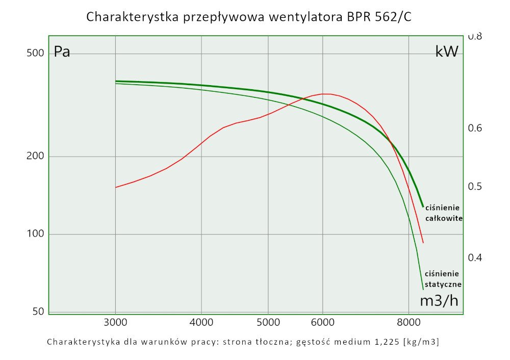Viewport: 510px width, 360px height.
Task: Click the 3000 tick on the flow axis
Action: (x=116, y=322)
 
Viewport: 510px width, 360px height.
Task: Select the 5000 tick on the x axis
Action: (x=269, y=322)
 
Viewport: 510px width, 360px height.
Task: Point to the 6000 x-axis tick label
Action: (x=322, y=322)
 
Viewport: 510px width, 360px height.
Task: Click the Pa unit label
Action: (x=62, y=52)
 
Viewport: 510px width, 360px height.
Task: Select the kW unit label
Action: (x=447, y=52)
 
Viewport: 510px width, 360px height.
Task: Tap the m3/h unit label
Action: (x=439, y=301)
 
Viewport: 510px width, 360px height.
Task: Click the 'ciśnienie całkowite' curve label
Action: (x=443, y=213)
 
